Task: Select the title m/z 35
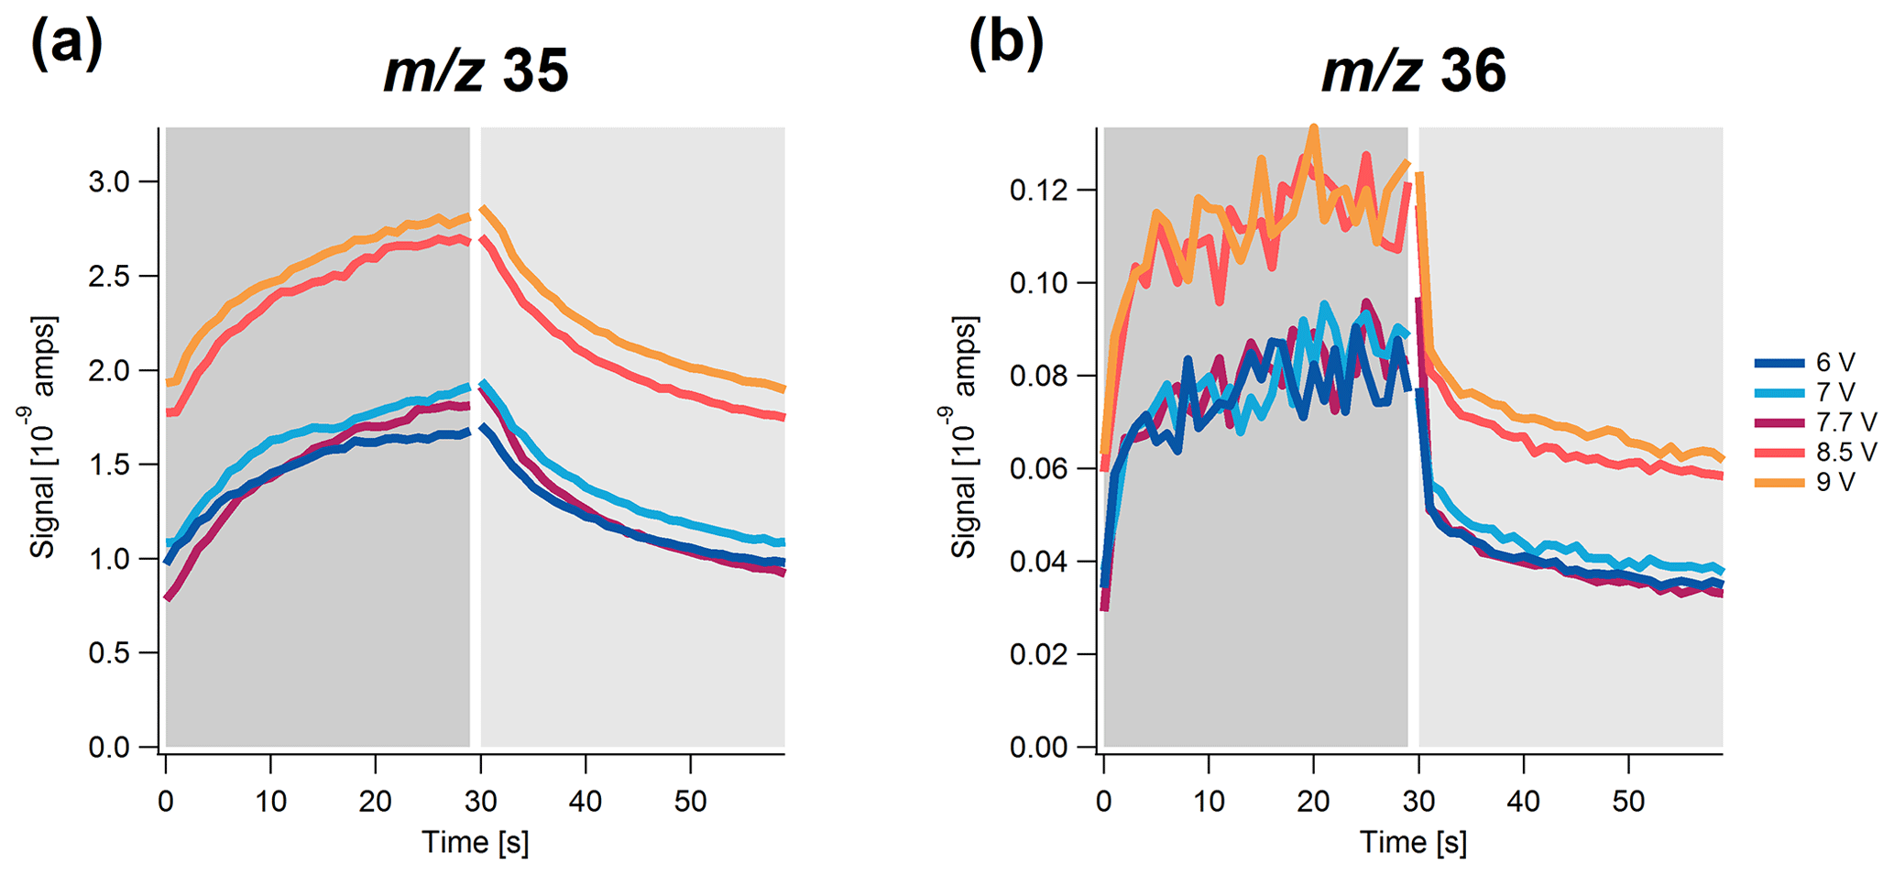(476, 71)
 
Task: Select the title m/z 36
(1414, 71)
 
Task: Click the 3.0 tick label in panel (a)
(109, 181)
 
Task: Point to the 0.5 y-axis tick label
(109, 653)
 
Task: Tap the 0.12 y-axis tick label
(1039, 191)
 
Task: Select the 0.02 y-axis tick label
(1039, 654)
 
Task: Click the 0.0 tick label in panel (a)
(109, 748)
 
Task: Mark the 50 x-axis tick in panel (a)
(690, 802)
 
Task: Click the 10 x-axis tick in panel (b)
(1209, 802)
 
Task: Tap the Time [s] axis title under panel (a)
(475, 842)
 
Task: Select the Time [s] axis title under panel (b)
(1413, 842)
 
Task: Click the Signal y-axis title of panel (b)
(964, 438)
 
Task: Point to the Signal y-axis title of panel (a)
(42, 438)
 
